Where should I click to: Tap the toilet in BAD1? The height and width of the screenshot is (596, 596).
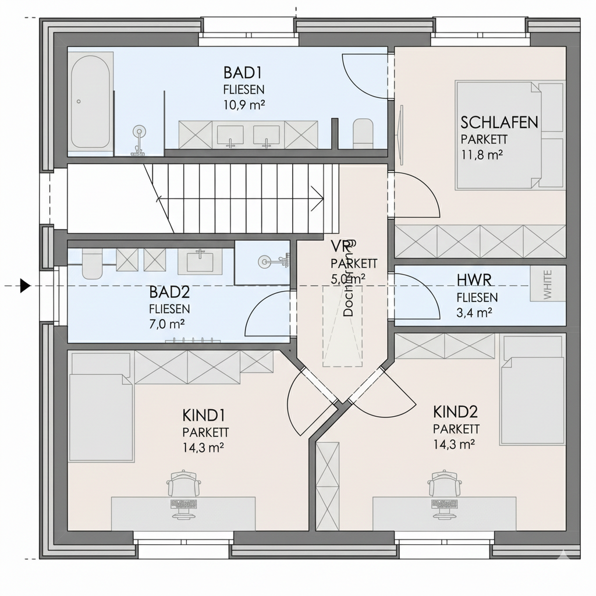tap(363, 133)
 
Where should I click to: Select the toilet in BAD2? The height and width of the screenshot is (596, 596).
tap(91, 264)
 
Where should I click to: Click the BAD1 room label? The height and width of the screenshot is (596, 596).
tap(243, 73)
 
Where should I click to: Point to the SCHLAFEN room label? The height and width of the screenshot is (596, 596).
tap(499, 123)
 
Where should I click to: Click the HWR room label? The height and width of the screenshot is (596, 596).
tap(475, 281)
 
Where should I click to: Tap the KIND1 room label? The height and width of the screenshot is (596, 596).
tap(204, 416)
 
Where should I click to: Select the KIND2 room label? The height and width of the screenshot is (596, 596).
tap(455, 412)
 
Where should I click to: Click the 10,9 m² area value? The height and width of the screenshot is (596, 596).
tap(243, 106)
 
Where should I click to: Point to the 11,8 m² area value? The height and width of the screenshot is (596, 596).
tap(481, 155)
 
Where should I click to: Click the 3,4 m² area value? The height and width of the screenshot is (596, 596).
tap(474, 313)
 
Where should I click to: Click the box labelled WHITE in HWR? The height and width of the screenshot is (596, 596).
tap(547, 283)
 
